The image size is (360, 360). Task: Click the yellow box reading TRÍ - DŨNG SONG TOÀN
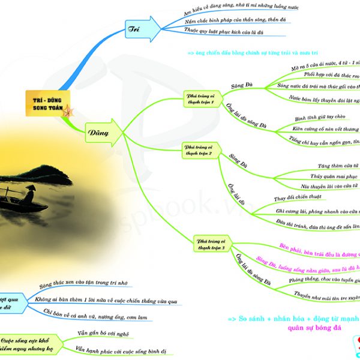pos(49,103)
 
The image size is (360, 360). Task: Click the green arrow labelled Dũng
pos(99,130)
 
